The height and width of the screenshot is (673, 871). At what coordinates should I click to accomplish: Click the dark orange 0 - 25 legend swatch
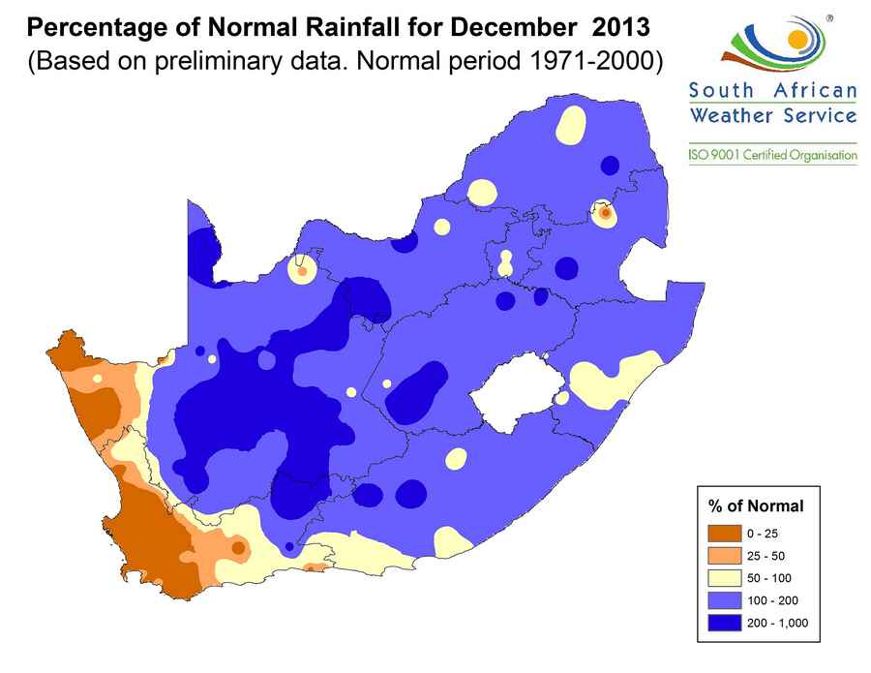pyautogui.click(x=724, y=534)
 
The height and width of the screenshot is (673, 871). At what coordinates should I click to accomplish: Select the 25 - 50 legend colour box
pyautogui.click(x=724, y=556)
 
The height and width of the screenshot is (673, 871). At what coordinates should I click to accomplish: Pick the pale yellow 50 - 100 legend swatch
pyautogui.click(x=724, y=578)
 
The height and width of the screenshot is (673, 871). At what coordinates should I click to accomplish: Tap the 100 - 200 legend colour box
pyautogui.click(x=724, y=600)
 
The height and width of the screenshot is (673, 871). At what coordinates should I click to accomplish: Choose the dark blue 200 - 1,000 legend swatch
pyautogui.click(x=724, y=623)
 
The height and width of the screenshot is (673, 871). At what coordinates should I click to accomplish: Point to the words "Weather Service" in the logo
pyautogui.click(x=772, y=116)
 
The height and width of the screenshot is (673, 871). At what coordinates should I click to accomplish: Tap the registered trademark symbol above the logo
pyautogui.click(x=829, y=17)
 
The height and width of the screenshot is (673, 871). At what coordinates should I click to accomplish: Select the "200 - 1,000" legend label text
pyautogui.click(x=776, y=623)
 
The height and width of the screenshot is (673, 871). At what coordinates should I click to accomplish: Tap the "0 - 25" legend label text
pyautogui.click(x=762, y=534)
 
